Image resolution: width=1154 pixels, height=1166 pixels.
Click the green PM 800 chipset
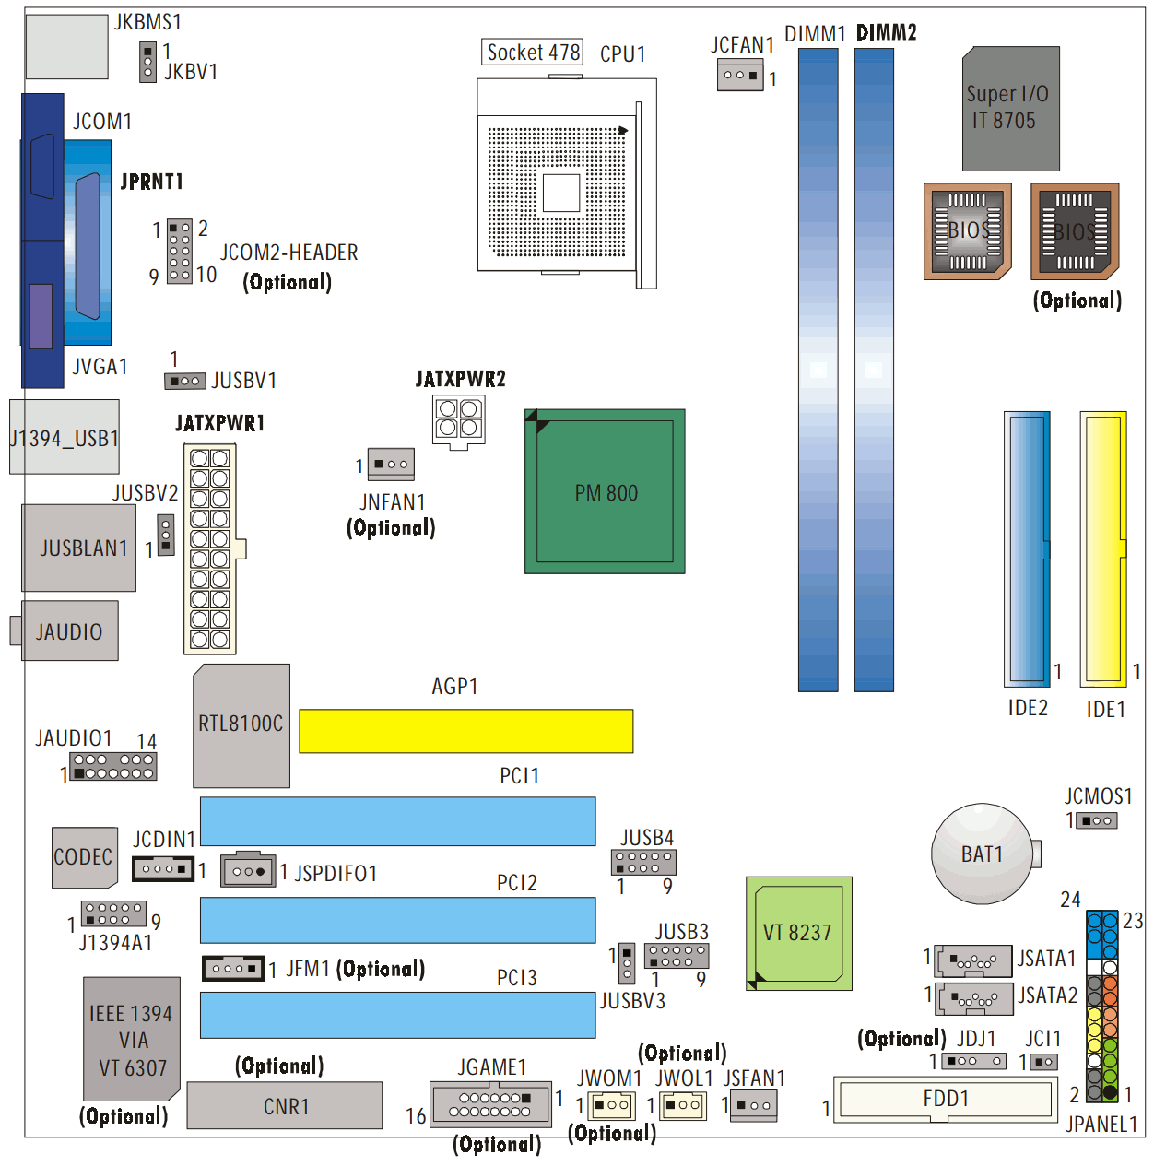(604, 490)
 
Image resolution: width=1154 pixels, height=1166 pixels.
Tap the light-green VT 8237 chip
(798, 933)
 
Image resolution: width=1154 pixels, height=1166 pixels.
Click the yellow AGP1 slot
(465, 731)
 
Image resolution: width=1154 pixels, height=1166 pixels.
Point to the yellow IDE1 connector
(1103, 548)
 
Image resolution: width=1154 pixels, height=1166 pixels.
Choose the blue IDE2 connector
(1026, 548)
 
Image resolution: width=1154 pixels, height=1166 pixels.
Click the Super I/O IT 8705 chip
(1010, 109)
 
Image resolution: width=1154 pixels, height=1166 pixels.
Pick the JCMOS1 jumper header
(1096, 820)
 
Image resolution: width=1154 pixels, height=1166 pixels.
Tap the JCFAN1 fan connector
(739, 75)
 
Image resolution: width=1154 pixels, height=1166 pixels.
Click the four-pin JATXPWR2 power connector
(458, 420)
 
